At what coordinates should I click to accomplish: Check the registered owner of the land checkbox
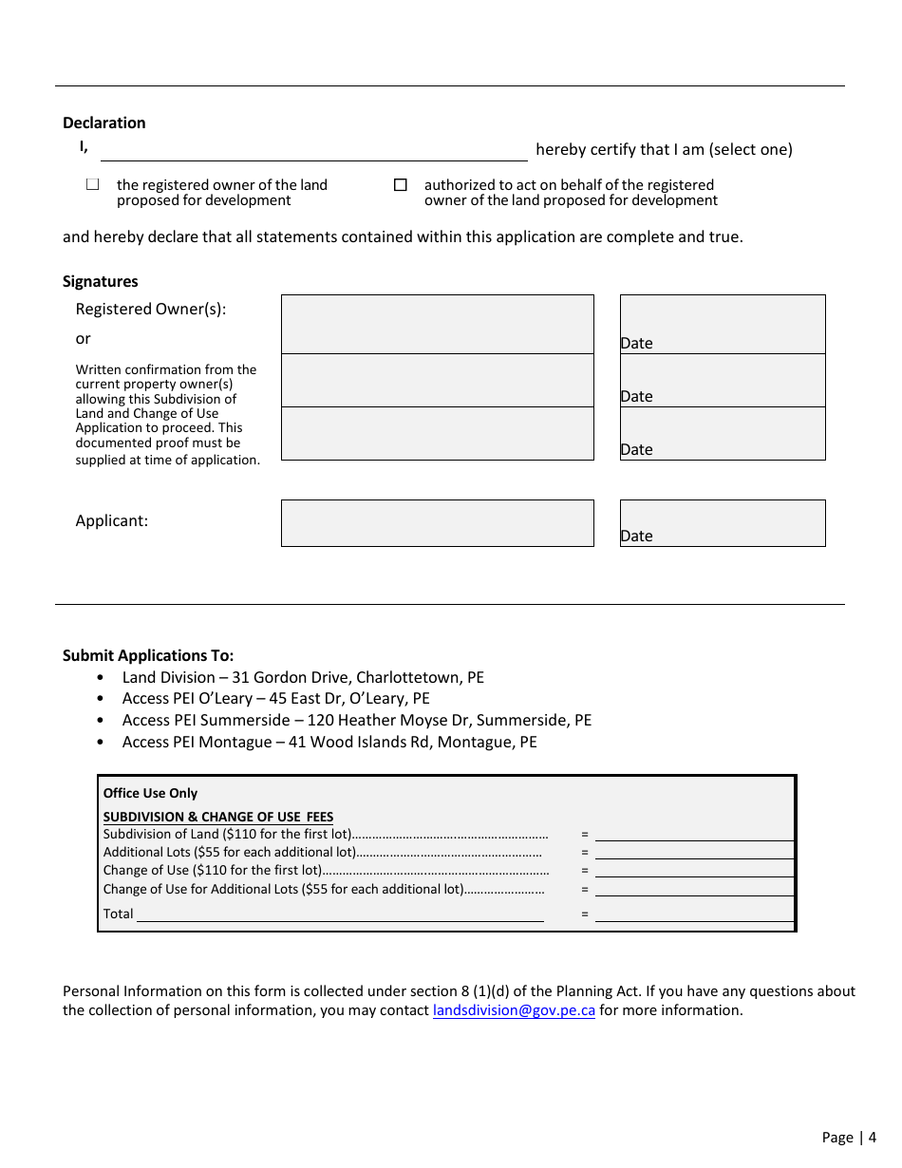(92, 185)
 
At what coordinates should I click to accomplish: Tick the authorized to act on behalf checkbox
(400, 185)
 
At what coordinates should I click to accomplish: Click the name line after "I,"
(313, 151)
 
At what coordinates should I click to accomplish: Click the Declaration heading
(104, 122)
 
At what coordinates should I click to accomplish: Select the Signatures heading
(101, 281)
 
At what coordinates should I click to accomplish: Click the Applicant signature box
(437, 523)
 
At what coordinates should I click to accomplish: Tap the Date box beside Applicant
(723, 523)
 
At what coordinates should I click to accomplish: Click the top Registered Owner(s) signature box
(437, 324)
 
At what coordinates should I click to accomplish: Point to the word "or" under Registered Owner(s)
(84, 339)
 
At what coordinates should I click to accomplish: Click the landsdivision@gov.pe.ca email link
(514, 1010)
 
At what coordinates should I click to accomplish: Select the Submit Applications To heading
(148, 655)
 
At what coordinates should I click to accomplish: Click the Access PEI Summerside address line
(356, 720)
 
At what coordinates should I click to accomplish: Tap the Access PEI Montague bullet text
(329, 742)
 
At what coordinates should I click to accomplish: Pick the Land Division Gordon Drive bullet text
(302, 677)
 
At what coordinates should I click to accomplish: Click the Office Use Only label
(150, 793)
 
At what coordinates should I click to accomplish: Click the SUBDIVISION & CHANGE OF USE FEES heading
(218, 817)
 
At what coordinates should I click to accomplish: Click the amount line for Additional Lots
(693, 853)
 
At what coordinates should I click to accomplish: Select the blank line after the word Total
(340, 914)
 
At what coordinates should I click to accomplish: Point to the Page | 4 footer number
(849, 1137)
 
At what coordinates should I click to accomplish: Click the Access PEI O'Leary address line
(275, 698)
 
